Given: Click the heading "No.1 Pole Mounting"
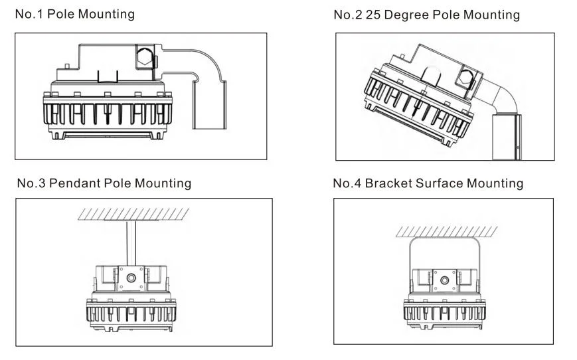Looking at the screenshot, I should [x=75, y=14].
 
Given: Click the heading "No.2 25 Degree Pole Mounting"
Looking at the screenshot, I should [x=426, y=15].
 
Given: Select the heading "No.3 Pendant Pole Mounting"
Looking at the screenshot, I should [x=104, y=183].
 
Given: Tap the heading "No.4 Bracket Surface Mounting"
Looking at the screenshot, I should [x=428, y=183].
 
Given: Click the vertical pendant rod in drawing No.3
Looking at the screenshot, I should [x=131, y=243].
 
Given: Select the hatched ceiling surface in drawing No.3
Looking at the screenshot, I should [x=133, y=214].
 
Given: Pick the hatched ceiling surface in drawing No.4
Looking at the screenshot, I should [x=446, y=230].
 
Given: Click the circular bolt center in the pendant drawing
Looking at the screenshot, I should [x=131, y=277].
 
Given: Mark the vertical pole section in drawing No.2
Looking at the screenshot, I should [x=506, y=136].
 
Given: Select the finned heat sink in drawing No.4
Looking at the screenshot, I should [x=444, y=312].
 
